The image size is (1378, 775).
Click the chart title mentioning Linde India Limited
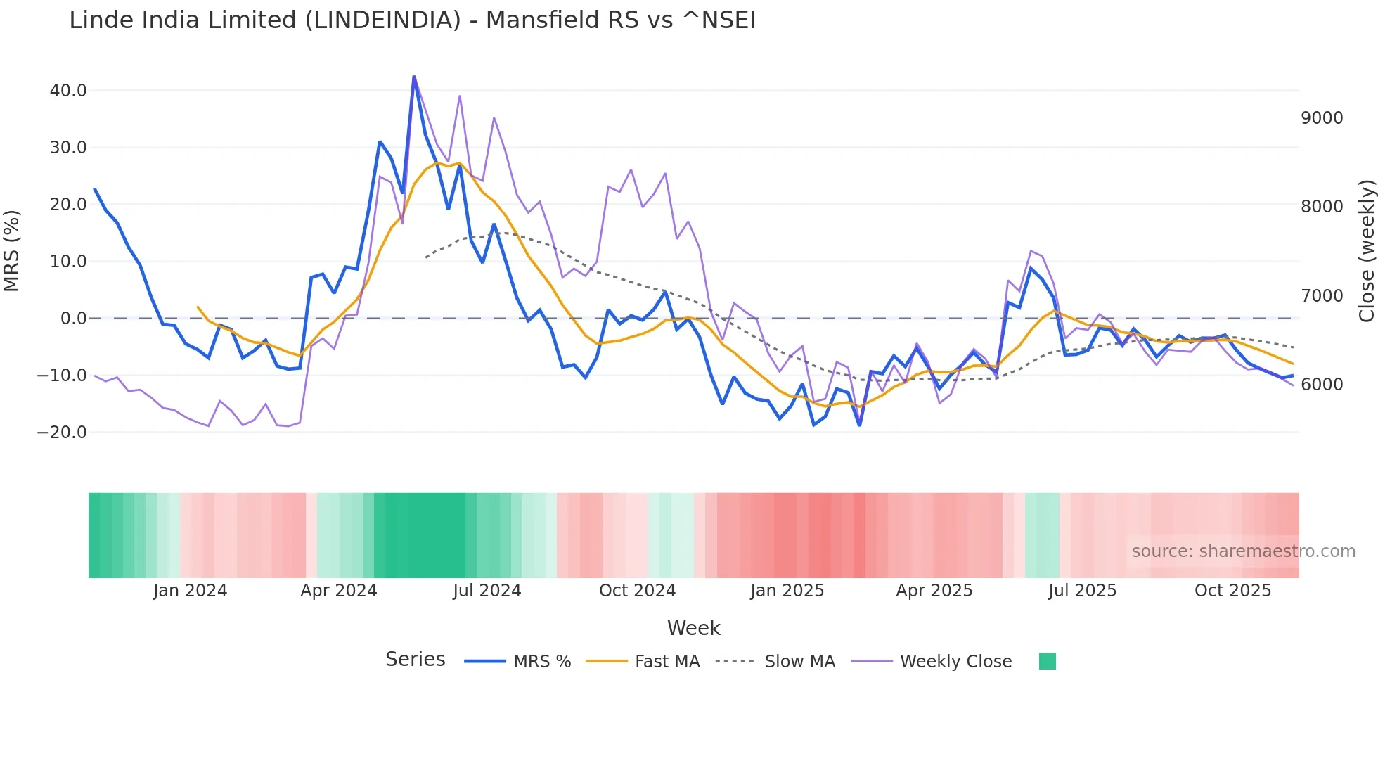pyautogui.click(x=412, y=20)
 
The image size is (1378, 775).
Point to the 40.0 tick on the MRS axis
pyautogui.click(x=68, y=91)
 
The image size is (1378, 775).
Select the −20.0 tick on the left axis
pyautogui.click(x=62, y=433)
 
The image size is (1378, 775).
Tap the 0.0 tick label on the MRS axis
pyautogui.click(x=73, y=319)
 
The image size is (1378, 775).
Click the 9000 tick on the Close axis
pyautogui.click(x=1322, y=118)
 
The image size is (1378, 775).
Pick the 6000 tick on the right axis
pyautogui.click(x=1322, y=385)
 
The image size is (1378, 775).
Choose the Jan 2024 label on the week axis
pyautogui.click(x=190, y=591)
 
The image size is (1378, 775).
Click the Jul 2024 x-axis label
pyautogui.click(x=487, y=591)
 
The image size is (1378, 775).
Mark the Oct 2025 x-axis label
pyautogui.click(x=1232, y=591)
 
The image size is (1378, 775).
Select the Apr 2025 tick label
pyautogui.click(x=934, y=591)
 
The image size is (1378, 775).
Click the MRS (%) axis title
pyautogui.click(x=12, y=251)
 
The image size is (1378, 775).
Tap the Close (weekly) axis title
pyautogui.click(x=1366, y=251)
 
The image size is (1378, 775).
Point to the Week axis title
pyautogui.click(x=693, y=628)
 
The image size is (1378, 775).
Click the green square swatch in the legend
pyautogui.click(x=1047, y=661)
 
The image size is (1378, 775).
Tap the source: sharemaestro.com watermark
pyautogui.click(x=1243, y=551)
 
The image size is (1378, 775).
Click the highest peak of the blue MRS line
pyautogui.click(x=414, y=77)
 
